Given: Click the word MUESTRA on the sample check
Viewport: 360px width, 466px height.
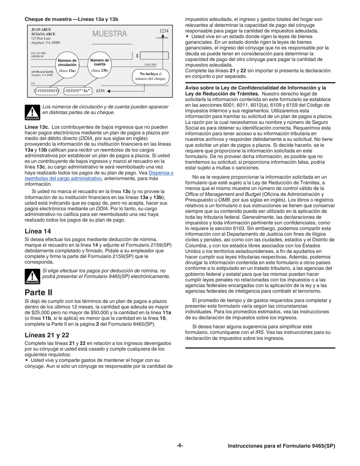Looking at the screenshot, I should click(110, 34).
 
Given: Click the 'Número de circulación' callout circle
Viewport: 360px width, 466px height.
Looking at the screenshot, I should click(67, 65).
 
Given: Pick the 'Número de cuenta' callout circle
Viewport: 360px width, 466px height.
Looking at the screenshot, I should click(100, 65).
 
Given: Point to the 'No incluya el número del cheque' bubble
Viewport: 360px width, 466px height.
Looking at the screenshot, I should click(150, 76).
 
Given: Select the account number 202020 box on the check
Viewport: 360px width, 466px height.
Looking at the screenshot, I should click(78, 91).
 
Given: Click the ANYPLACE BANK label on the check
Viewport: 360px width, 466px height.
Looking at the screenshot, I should click(42, 72).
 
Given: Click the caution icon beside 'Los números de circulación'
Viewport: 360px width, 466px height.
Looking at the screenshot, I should click(32, 112).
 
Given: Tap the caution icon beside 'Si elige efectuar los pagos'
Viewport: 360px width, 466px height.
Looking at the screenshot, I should click(32, 276).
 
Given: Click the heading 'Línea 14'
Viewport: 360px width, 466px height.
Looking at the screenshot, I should click(38, 231).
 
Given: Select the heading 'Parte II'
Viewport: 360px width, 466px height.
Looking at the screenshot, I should click(38, 292).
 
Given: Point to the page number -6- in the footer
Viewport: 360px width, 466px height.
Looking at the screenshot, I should click(180, 446).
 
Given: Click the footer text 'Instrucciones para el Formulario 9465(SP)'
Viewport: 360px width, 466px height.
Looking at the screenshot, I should click(281, 446).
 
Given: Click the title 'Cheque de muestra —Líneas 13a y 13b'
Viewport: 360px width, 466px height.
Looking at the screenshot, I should click(72, 19).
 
